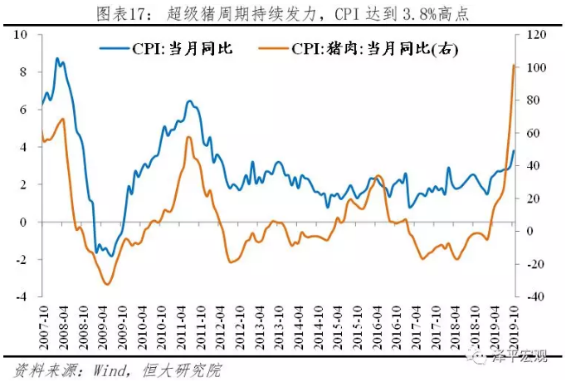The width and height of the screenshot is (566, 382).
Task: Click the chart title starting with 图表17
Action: click(282, 12)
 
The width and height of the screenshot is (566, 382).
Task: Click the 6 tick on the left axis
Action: click(24, 110)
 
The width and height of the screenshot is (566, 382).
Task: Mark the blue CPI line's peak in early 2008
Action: click(56, 58)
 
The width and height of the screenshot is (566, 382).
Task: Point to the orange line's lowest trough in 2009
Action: click(106, 284)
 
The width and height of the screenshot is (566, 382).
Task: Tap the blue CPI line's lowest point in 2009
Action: click(111, 256)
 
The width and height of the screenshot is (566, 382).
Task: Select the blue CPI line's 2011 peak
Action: click(189, 101)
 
